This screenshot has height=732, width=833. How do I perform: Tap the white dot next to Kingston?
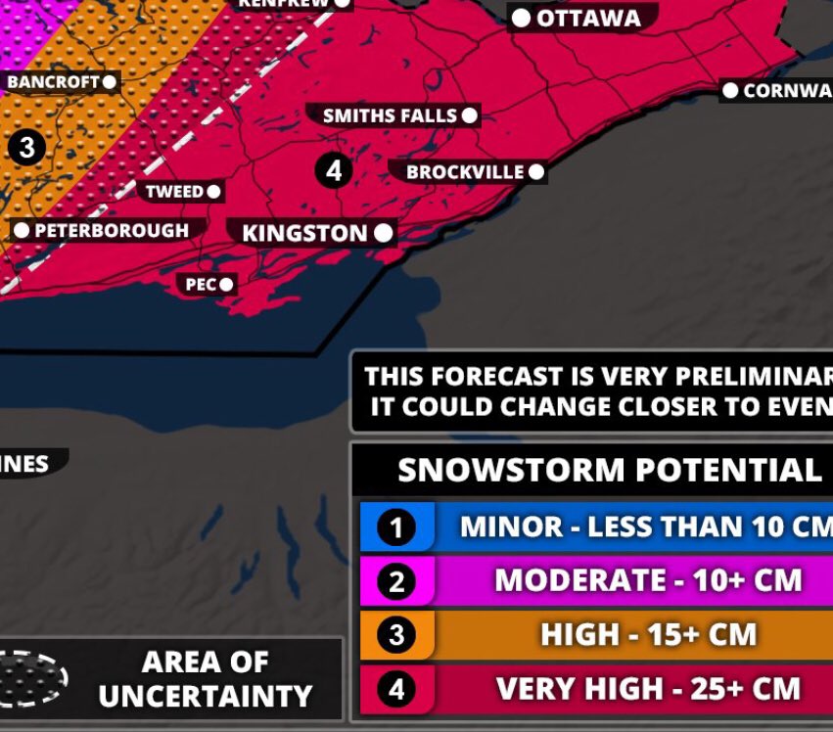click(383, 233)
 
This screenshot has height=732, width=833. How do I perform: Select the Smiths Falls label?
click(390, 115)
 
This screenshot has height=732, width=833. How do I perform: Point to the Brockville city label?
click(465, 172)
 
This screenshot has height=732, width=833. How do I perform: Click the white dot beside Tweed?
click(213, 192)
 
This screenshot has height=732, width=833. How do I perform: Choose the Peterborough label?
click(111, 230)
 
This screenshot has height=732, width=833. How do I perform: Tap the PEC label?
click(201, 285)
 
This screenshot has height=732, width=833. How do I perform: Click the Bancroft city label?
click(53, 82)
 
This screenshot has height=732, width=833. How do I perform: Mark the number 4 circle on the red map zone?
click(334, 170)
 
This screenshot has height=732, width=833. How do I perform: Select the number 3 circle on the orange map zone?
click(26, 148)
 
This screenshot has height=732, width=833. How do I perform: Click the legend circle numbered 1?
click(396, 528)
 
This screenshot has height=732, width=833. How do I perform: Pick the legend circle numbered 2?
click(396, 582)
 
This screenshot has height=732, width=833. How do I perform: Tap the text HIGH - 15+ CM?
click(648, 634)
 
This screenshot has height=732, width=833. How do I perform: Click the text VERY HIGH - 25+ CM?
click(648, 688)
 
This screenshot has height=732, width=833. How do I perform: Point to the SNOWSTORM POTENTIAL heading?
click(609, 471)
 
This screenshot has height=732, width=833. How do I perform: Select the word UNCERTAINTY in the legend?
click(205, 696)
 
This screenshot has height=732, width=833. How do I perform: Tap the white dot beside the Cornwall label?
click(730, 91)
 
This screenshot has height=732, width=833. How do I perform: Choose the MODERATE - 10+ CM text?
click(648, 580)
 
